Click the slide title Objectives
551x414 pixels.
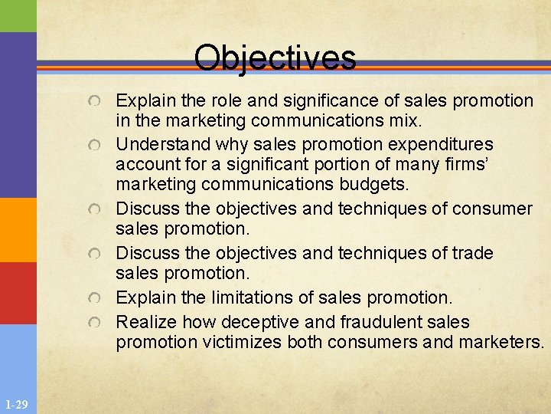275,58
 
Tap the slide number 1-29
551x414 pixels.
16,404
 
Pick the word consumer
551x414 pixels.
493,209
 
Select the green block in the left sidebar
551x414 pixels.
18,15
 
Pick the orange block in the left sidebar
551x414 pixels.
18,229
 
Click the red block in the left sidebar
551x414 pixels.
18,293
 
